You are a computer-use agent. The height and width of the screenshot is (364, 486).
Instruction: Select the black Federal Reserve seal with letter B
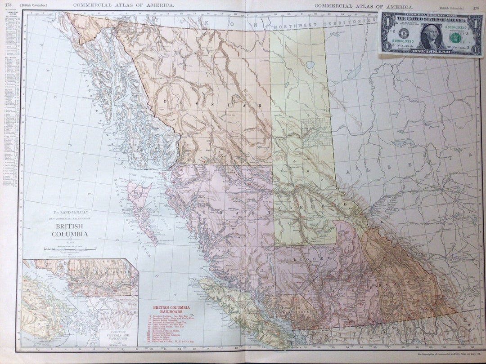click(404, 35)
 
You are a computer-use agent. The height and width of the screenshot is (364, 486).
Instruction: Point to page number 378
click(8, 5)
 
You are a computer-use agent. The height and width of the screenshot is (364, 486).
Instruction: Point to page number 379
click(476, 8)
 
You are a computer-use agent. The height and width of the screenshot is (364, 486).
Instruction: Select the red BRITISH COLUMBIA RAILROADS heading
click(171, 310)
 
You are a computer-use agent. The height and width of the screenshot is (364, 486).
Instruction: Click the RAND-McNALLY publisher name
click(71, 213)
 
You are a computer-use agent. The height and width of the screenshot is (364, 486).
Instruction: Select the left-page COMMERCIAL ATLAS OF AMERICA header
click(124, 5)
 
